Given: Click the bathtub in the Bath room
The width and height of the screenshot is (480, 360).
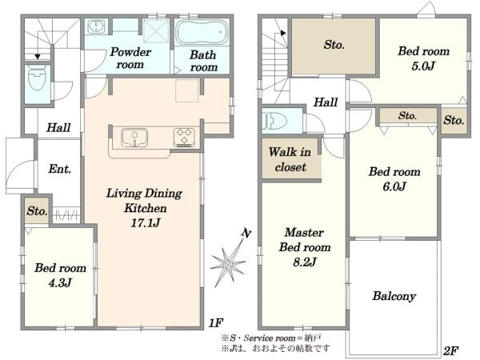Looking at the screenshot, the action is (x=202, y=33).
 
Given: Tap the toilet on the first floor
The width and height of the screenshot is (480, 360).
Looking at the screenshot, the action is (x=37, y=78).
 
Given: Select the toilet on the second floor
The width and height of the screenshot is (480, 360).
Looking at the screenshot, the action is (x=274, y=122).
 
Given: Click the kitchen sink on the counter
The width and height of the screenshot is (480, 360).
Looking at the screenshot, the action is (x=134, y=137).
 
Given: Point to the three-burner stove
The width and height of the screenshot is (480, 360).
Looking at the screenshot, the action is (x=184, y=137).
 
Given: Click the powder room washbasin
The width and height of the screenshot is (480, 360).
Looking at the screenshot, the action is (x=96, y=26).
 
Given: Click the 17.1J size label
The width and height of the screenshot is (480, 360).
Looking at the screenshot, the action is (x=146, y=222).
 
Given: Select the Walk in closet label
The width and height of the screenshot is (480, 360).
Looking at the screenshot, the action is (x=290, y=159).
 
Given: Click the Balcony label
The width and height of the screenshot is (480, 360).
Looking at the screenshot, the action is (x=394, y=296).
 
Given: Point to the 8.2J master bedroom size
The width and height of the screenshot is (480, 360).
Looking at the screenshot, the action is (x=304, y=262).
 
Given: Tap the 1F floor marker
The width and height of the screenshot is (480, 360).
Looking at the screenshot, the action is (x=216, y=322).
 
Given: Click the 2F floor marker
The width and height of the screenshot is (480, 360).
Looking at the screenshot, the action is (x=450, y=350).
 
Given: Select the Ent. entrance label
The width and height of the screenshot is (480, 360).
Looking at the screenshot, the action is (x=60, y=169).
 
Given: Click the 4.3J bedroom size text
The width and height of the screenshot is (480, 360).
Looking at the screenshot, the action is (x=60, y=282).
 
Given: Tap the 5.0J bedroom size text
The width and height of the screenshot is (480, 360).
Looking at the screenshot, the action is (x=423, y=66).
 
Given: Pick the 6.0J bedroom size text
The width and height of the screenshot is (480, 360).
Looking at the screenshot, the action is (x=394, y=186).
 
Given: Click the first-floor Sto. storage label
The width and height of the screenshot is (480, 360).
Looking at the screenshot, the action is (x=37, y=211).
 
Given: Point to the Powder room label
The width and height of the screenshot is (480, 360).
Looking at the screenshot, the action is (x=130, y=58).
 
